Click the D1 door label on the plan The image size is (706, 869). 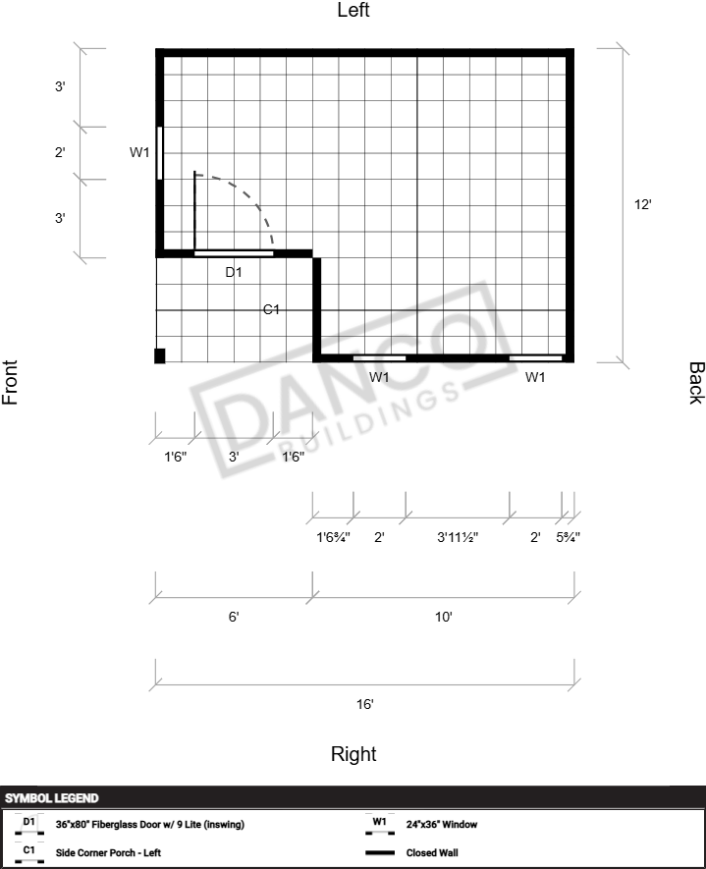(234, 272)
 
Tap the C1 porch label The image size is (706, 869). (271, 310)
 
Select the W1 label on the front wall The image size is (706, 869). (139, 152)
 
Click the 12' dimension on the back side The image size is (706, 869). (643, 204)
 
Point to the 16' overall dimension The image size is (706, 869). (364, 704)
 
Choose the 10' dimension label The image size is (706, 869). (443, 617)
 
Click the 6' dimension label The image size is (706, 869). (234, 617)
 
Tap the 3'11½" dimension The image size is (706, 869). (458, 537)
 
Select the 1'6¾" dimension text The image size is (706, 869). (333, 537)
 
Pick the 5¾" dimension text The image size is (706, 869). (568, 537)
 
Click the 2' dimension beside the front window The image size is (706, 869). (60, 152)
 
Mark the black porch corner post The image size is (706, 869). (160, 355)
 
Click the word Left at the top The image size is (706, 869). (353, 10)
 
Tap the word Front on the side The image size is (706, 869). (10, 382)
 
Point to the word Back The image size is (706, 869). (696, 383)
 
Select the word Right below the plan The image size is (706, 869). (353, 754)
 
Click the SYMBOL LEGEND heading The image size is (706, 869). (51, 798)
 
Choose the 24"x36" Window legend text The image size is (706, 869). (441, 824)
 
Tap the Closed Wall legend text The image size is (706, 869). (432, 852)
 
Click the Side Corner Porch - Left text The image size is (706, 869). (108, 852)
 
